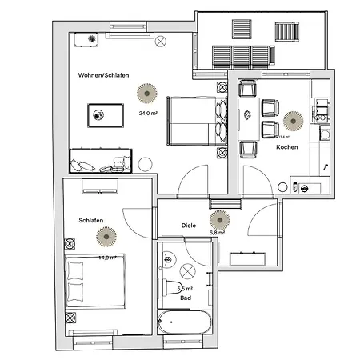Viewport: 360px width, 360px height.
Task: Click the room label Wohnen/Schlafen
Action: pyautogui.click(x=104, y=75)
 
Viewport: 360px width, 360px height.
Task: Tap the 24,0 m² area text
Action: pyautogui.click(x=148, y=114)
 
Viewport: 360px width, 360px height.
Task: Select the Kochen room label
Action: pyautogui.click(x=287, y=148)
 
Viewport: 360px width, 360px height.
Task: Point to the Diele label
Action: pyautogui.click(x=189, y=226)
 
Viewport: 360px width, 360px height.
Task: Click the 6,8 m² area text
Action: pyautogui.click(x=217, y=233)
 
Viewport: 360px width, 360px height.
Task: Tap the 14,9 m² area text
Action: pyautogui.click(x=107, y=258)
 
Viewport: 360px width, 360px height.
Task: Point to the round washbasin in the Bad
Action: pyautogui.click(x=189, y=269)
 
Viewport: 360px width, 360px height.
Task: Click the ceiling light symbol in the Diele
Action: pyautogui.click(x=218, y=218)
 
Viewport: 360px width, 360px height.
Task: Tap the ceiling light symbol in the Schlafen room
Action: pyautogui.click(x=106, y=237)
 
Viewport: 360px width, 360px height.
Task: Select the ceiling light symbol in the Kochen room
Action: pyautogui.click(x=290, y=122)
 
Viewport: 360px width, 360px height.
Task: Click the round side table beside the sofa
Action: pyautogui.click(x=145, y=165)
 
